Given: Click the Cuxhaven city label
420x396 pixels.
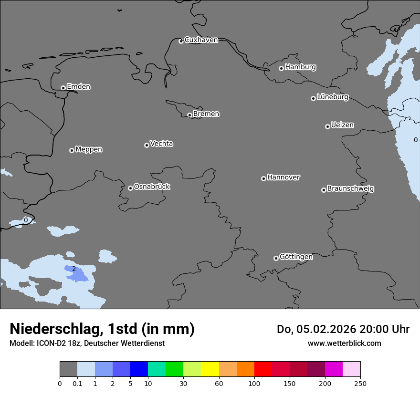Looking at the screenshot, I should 201,40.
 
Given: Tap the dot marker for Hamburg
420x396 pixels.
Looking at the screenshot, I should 281,68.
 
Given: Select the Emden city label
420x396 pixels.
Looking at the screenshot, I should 78,87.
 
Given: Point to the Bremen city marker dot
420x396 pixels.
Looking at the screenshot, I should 189,115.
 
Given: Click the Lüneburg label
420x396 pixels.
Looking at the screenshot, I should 332,97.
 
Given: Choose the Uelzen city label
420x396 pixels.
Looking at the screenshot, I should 342,125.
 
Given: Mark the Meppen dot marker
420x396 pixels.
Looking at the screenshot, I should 72,150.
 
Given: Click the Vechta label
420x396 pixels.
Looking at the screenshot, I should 161,144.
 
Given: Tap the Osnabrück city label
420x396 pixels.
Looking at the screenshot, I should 152,187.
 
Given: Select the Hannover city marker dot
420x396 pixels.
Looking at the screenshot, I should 263,178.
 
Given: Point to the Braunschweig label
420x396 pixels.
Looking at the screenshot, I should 350,189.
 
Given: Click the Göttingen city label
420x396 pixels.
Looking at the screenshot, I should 296,257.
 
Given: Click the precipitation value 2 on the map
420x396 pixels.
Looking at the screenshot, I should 74,269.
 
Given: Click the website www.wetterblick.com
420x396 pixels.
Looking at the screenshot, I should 344,344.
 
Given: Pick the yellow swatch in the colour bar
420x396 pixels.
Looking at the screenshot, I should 210,369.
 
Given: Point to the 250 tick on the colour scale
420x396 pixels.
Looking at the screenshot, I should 360,383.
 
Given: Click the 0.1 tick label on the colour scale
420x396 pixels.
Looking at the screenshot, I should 77,383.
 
